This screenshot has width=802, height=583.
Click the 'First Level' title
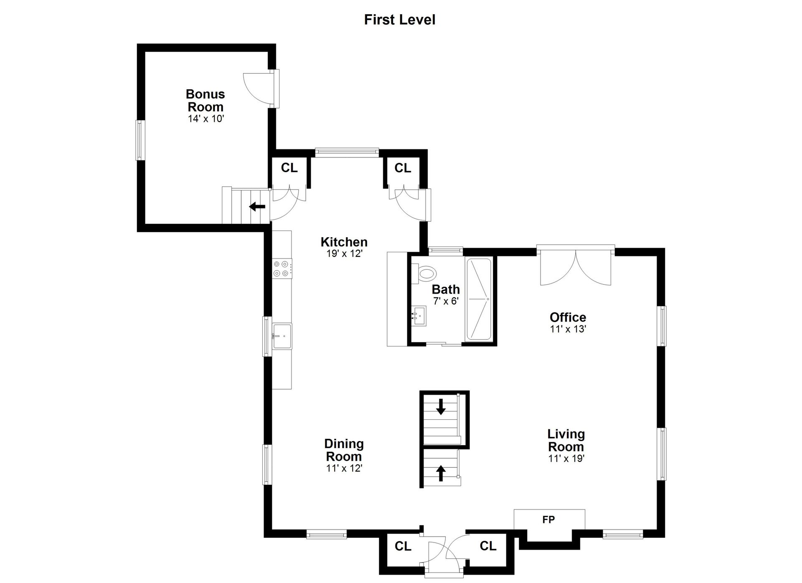400,20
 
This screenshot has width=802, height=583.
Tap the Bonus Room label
206,100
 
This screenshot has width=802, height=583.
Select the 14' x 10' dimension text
206,119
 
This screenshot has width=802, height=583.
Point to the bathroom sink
419,316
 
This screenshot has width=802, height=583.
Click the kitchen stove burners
282,268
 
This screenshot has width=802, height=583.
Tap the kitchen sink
282,336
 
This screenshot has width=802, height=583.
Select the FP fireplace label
548,520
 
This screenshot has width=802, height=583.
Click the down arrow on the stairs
441,406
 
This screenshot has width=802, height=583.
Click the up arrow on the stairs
441,473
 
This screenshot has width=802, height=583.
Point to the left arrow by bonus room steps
257,206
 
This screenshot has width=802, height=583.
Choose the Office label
568,317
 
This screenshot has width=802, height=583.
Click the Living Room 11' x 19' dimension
566,459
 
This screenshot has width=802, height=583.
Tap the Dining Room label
344,450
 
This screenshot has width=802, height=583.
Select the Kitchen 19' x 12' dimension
344,253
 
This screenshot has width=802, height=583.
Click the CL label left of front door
403,546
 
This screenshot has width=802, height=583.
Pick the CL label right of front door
488,545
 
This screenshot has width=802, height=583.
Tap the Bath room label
446,289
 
